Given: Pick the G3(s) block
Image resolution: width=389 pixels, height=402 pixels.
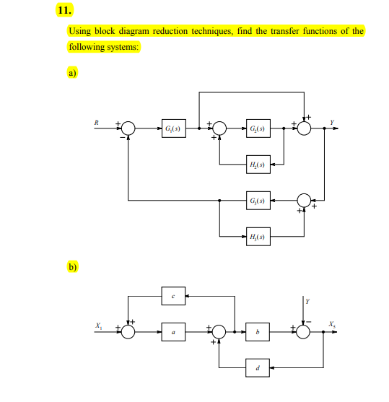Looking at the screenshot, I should (258, 200).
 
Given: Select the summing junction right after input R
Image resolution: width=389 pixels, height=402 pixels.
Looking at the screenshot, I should (128, 129).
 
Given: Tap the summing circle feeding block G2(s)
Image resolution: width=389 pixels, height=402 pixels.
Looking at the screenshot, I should (219, 129).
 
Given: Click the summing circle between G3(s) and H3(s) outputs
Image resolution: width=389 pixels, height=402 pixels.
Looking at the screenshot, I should (305, 200).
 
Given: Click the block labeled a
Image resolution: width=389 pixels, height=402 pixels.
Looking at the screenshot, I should (173, 331).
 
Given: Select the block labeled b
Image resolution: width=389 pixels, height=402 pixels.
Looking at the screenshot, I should (258, 331).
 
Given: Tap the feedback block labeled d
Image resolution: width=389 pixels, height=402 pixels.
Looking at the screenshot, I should (258, 367).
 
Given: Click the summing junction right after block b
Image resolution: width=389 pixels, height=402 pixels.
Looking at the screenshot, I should (305, 331).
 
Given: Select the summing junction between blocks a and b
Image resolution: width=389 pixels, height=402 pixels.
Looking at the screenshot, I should (219, 331).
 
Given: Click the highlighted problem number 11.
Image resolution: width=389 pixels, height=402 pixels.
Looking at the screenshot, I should (64, 12).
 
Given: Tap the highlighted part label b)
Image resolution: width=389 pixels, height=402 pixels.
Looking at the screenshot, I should (72, 266).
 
